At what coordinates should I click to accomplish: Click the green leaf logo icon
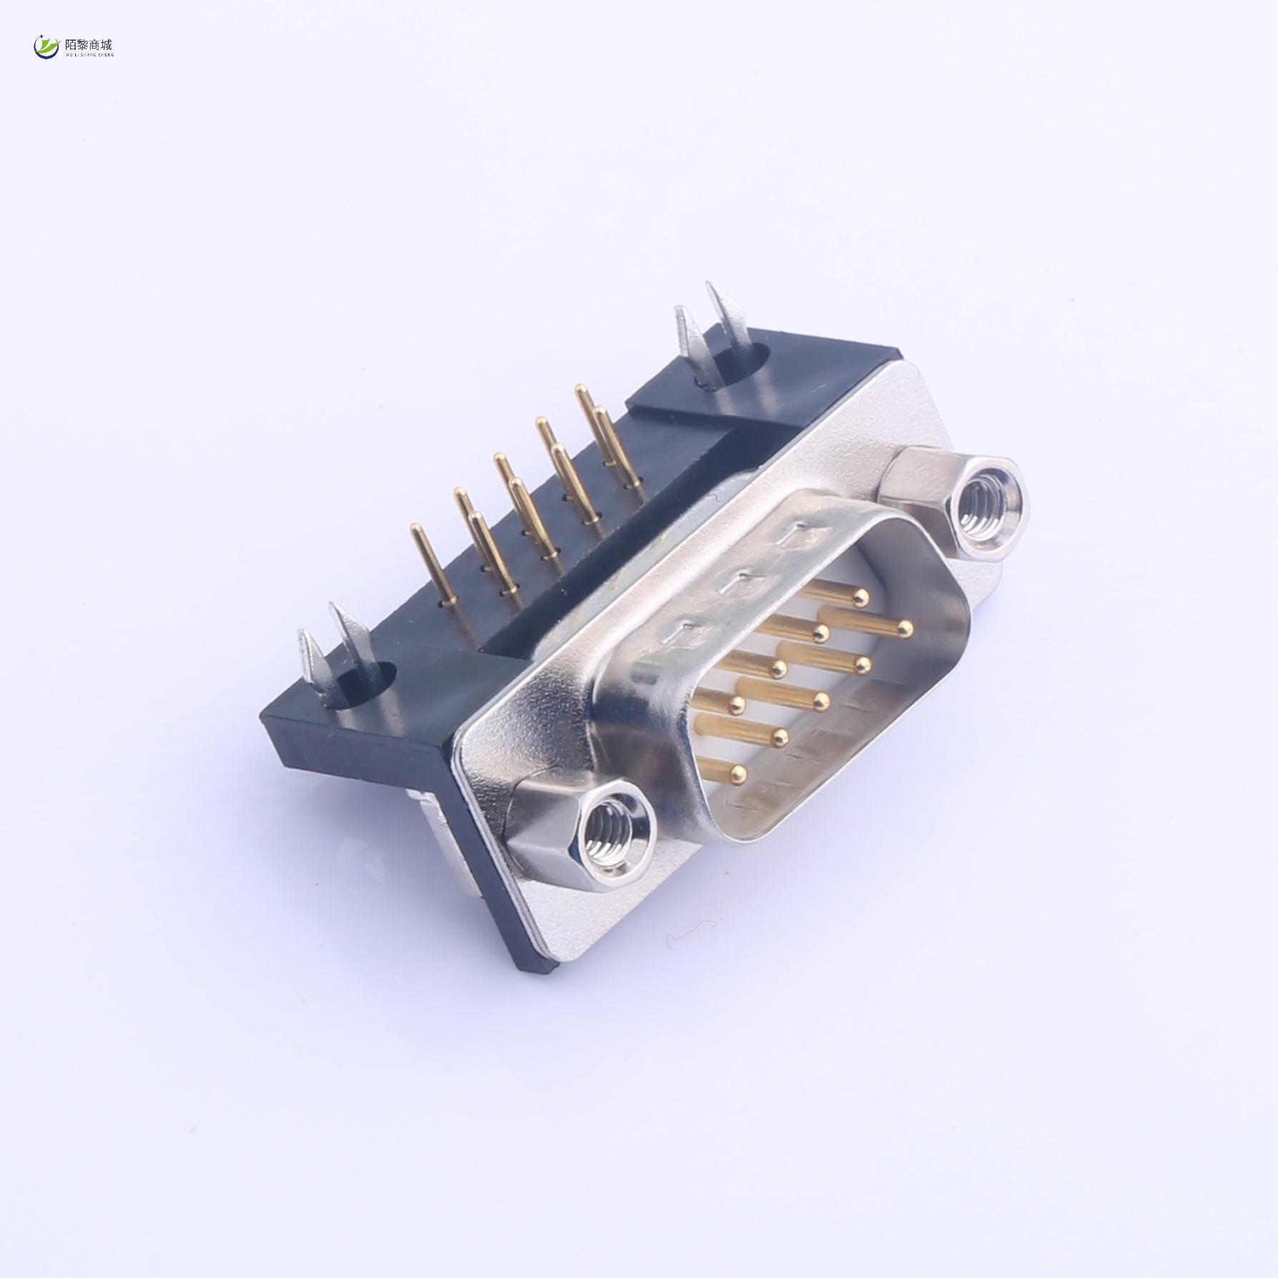click(47, 46)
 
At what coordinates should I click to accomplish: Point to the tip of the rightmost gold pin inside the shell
click(905, 628)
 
